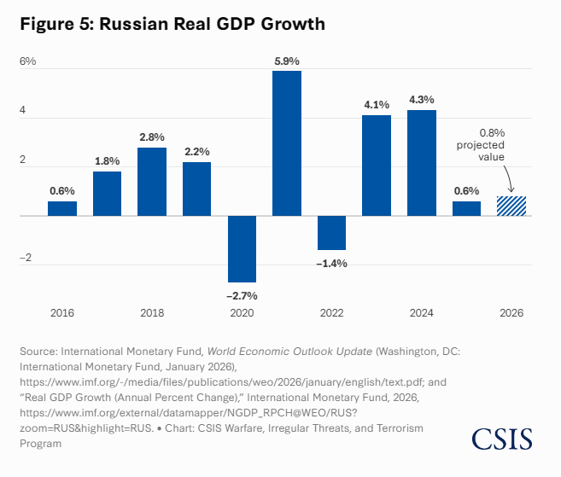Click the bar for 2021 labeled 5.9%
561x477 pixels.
tap(287, 143)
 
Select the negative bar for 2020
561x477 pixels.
tap(242, 248)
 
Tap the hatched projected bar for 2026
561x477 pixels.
tap(511, 206)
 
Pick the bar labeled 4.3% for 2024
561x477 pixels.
tap(422, 162)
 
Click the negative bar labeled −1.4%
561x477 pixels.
tap(331, 232)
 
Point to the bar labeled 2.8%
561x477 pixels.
tap(152, 181)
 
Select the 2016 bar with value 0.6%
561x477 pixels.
tap(62, 208)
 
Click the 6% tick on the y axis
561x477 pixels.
tap(28, 61)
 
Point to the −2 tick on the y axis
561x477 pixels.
tap(27, 259)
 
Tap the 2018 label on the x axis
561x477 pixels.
tap(152, 313)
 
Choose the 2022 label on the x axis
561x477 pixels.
tap(331, 313)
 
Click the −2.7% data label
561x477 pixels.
tap(242, 295)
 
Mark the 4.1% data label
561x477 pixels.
tap(377, 104)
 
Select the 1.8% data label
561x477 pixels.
tap(107, 160)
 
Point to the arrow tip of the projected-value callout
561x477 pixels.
tap(511, 193)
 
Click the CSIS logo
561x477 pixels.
tap(502, 439)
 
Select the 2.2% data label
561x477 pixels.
tap(196, 151)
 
